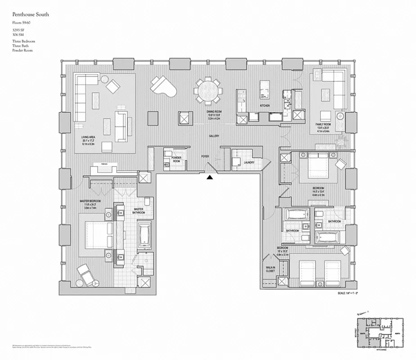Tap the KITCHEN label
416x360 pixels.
click(x=264, y=106)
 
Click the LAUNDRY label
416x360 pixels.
click(x=249, y=162)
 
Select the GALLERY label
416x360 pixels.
click(x=213, y=135)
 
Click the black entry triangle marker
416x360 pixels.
click(x=210, y=178)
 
